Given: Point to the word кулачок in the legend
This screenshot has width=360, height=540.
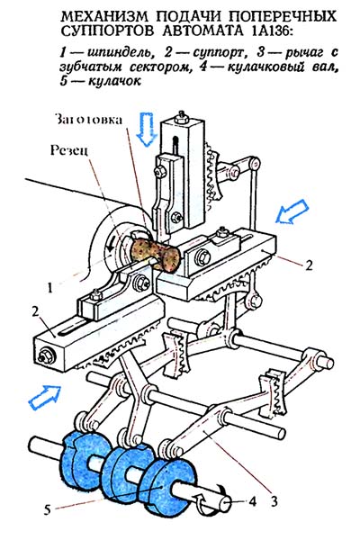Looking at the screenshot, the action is click(114, 82).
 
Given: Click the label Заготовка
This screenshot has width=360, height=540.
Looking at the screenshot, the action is click(88, 120).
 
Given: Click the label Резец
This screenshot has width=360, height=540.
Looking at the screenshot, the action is click(68, 150).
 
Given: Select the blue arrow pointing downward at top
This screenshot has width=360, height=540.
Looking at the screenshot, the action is click(146, 129).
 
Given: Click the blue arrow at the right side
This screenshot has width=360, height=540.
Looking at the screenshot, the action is click(292, 211).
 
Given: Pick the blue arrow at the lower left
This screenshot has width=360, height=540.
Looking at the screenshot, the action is click(45, 397).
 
